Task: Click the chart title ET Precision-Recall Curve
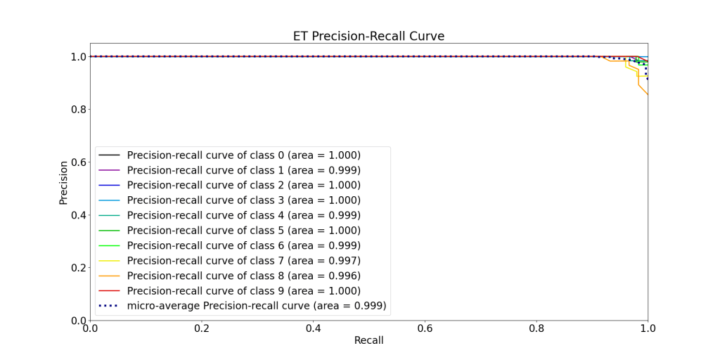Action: (368, 37)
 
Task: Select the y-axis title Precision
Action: (63, 183)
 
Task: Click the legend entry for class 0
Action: (243, 155)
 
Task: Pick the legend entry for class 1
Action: (243, 170)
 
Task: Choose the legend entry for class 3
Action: (243, 200)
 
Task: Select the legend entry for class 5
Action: (243, 231)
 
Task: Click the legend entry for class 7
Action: (243, 261)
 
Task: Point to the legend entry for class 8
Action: (243, 276)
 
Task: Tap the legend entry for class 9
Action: (243, 290)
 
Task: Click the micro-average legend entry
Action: (257, 306)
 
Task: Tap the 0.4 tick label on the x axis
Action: (313, 329)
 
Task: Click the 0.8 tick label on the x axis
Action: (536, 329)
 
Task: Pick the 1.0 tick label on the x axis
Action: (648, 329)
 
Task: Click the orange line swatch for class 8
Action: (110, 276)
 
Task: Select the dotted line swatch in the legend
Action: (110, 306)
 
